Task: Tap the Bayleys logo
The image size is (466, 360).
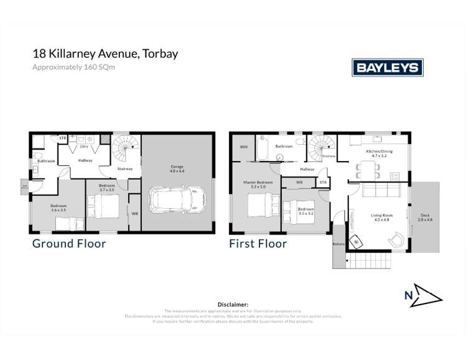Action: pyautogui.click(x=387, y=67)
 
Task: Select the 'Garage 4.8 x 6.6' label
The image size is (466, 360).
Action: pyautogui.click(x=178, y=168)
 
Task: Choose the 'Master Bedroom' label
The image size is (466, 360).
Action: pyautogui.click(x=254, y=184)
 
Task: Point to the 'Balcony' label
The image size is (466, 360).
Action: pyautogui.click(x=338, y=244)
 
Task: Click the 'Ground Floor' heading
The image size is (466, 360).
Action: pyautogui.click(x=68, y=244)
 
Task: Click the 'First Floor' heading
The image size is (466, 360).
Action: pyautogui.click(x=258, y=244)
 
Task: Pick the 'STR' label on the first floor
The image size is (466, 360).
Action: pyautogui.click(x=323, y=182)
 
